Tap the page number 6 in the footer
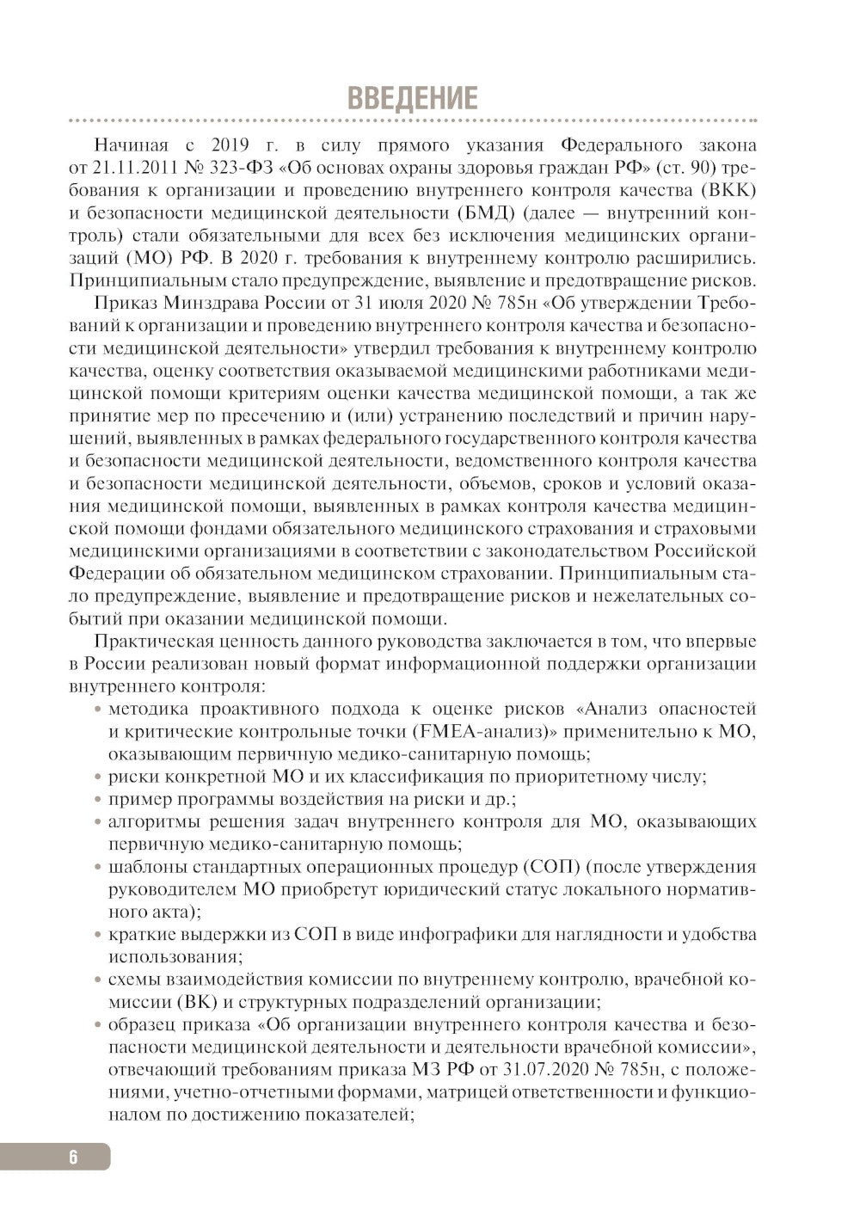coord(73,1157)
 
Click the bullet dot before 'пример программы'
coord(99,800)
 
